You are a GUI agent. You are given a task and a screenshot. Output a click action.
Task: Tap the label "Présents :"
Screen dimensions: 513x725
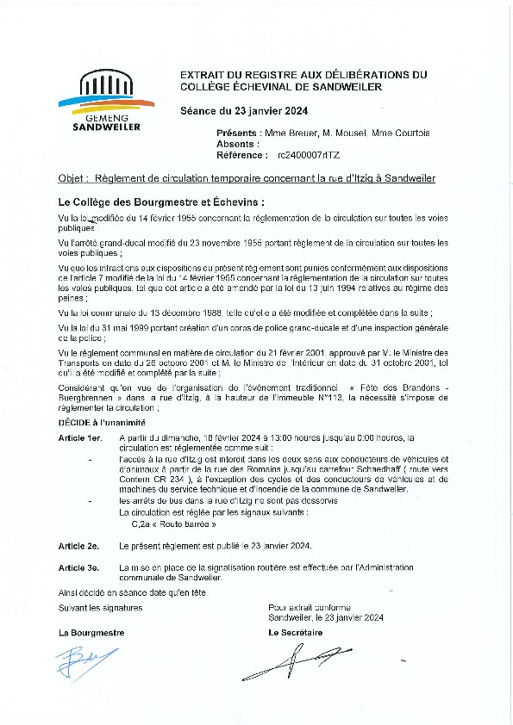point(237,133)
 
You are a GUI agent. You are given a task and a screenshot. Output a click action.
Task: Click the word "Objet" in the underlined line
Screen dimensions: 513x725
point(71,178)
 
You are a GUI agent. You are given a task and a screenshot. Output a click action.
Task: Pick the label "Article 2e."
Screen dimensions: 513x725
point(78,546)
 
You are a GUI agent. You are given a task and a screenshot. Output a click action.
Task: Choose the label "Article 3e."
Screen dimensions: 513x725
point(78,567)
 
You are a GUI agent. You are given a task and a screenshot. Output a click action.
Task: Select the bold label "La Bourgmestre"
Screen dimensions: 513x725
point(91,632)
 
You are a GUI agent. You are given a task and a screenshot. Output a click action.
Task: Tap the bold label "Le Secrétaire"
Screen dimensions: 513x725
point(296,632)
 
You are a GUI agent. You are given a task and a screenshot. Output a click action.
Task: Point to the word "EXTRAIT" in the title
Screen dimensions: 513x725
point(202,75)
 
